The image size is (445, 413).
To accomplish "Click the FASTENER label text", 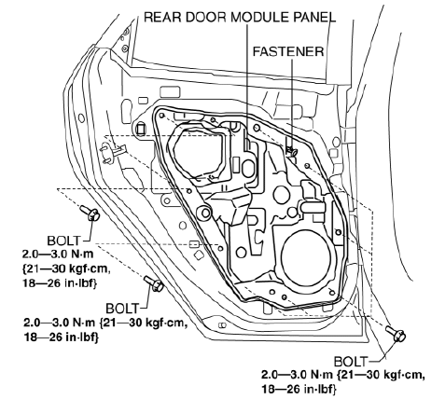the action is point(288,51).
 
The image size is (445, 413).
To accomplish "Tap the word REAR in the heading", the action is point(162,18).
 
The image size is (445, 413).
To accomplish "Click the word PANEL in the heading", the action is point(314,18).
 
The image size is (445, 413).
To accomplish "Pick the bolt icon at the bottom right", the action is point(396,334).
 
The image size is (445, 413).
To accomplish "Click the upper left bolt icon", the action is point(90,213).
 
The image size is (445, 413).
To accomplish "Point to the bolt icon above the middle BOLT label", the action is point(154,283).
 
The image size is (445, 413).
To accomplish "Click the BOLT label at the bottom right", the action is point(351,362).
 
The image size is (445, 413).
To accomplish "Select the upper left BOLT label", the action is point(63,241).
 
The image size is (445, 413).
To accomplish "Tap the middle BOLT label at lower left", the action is point(122,309).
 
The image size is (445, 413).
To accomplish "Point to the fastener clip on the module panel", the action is point(291,151).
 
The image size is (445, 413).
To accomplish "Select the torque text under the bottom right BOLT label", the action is point(343,381).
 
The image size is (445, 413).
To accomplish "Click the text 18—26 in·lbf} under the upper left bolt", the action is point(60,283).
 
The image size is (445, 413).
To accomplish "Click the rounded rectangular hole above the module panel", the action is point(170,92).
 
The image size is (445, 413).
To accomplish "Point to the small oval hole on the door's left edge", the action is point(81,118).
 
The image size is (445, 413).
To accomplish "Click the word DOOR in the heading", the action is point(206,18).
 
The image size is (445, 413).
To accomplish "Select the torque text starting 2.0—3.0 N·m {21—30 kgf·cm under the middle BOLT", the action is point(105,330).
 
